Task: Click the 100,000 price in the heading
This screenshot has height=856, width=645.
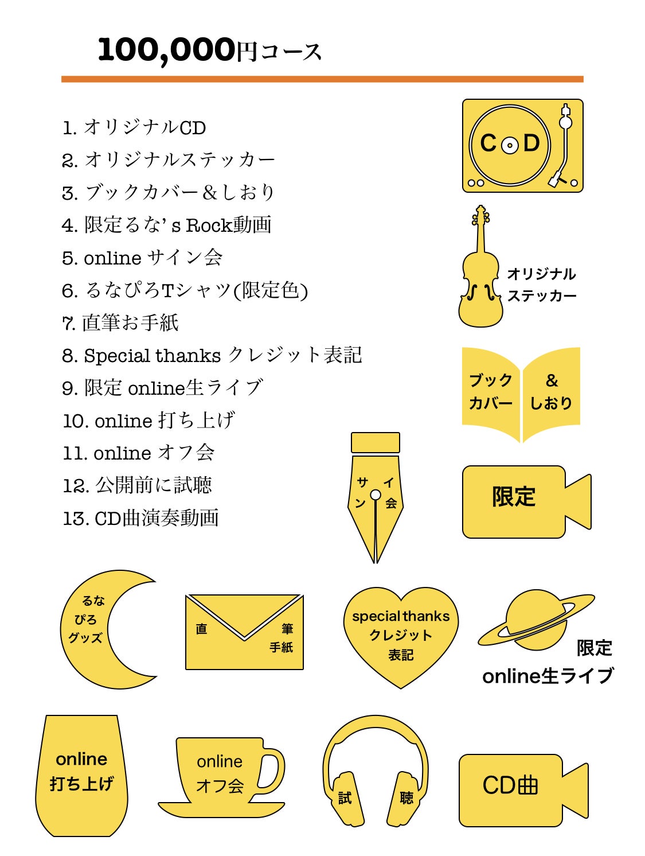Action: click(x=166, y=50)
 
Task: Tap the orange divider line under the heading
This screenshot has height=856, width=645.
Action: click(x=322, y=79)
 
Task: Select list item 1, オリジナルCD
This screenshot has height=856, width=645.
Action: click(x=134, y=127)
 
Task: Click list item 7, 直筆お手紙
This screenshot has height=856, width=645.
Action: click(x=121, y=323)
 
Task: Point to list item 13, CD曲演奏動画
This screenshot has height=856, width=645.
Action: click(x=141, y=518)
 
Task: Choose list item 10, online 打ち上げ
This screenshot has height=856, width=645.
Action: click(x=149, y=421)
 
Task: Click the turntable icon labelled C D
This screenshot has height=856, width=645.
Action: click(x=522, y=146)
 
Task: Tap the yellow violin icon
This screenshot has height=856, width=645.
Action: click(x=480, y=275)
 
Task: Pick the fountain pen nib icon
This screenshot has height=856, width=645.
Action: click(x=375, y=493)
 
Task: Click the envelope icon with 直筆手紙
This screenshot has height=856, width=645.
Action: click(x=244, y=632)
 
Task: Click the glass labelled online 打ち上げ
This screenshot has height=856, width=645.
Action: click(x=81, y=775)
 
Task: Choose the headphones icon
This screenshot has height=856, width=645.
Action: click(x=376, y=769)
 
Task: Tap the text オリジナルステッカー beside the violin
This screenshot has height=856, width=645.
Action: click(x=541, y=285)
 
